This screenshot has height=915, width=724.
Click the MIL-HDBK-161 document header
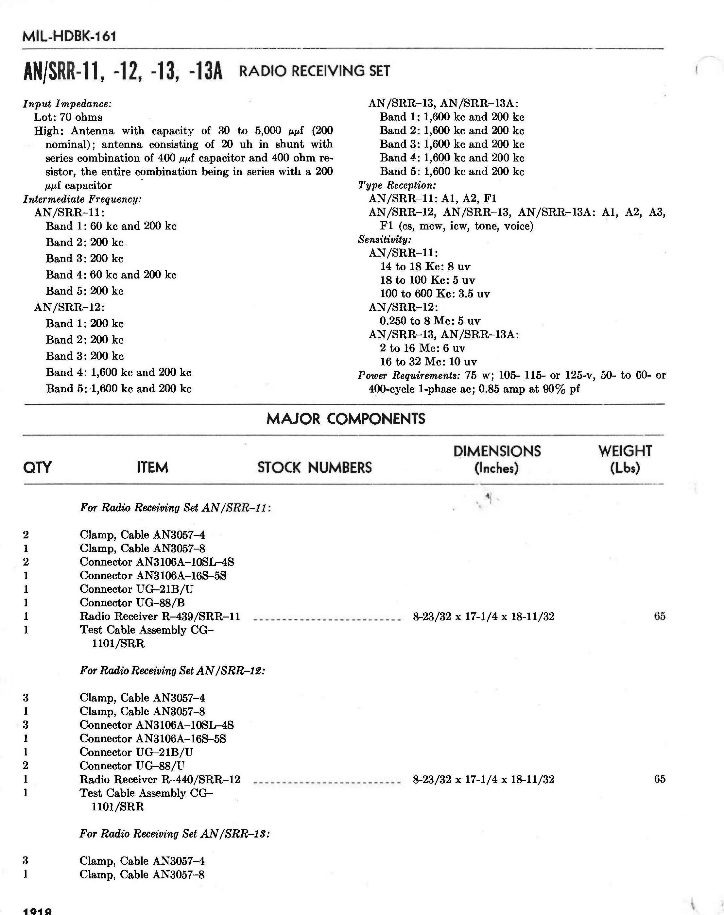(x=69, y=36)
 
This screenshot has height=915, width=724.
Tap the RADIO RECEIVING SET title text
(x=314, y=71)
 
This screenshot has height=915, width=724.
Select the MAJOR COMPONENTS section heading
(x=345, y=419)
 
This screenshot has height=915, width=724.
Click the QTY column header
(x=37, y=467)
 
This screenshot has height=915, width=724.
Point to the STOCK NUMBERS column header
(x=314, y=467)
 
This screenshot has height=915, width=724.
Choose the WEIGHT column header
(x=625, y=459)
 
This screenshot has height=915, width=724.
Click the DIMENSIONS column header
(x=497, y=459)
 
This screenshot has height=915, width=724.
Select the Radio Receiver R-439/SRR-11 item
(x=160, y=616)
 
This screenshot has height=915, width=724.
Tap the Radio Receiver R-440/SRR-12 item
(x=160, y=779)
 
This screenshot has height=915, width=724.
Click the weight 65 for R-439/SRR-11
(x=660, y=616)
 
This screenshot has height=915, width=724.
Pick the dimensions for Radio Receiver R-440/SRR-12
(x=483, y=779)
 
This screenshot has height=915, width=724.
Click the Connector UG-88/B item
(x=132, y=603)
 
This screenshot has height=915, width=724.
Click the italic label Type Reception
(x=397, y=185)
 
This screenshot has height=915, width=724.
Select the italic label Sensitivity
(x=385, y=239)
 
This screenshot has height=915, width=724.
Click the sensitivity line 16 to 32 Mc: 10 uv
(x=428, y=362)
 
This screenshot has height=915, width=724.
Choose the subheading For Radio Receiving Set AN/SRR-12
(x=172, y=670)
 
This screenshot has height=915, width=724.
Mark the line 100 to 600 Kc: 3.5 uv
(x=435, y=294)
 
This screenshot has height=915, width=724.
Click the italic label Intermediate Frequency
(x=82, y=199)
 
